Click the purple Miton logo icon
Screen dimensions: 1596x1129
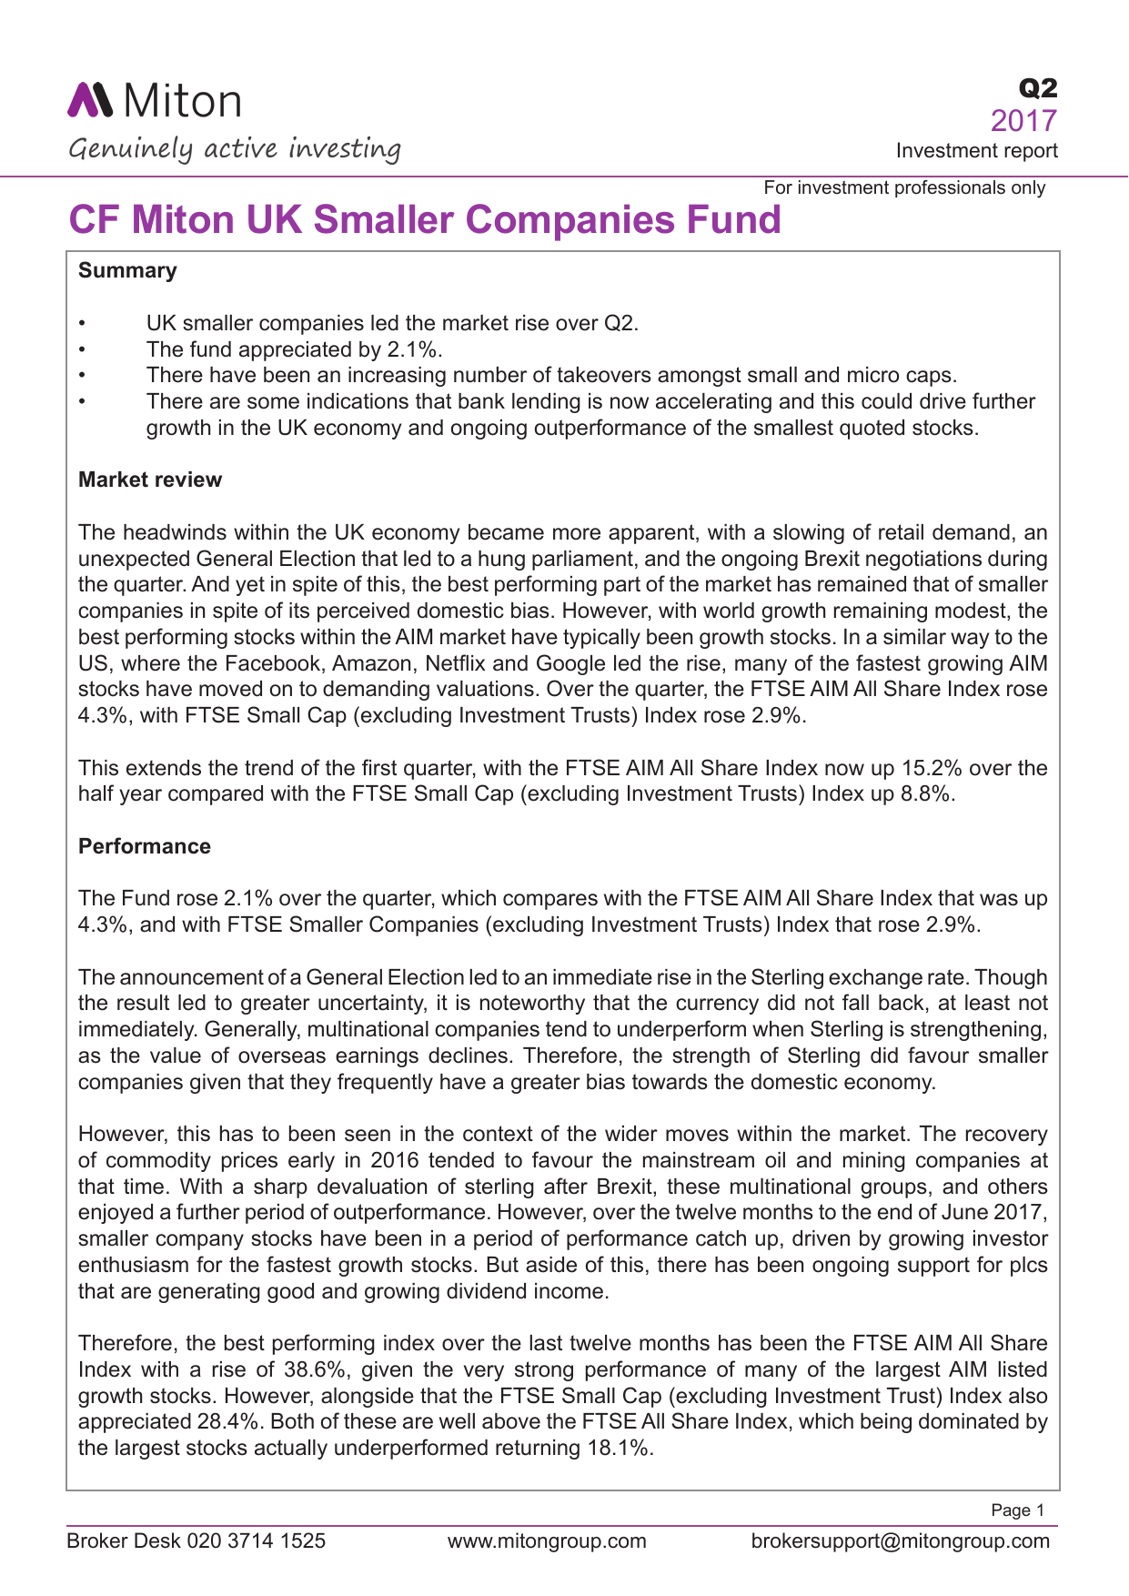[x=90, y=100]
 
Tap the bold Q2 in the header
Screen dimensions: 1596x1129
[x=1038, y=88]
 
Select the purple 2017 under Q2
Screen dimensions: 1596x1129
[x=1023, y=121]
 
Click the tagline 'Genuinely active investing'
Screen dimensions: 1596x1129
[x=235, y=148]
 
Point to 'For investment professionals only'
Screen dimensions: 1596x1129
[x=904, y=187]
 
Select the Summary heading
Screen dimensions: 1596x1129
[x=127, y=270]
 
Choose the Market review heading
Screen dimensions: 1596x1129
[x=150, y=480]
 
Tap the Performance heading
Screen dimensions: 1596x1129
[x=145, y=846]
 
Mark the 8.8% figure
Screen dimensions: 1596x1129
[x=926, y=793]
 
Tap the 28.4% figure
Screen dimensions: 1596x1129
[x=228, y=1421]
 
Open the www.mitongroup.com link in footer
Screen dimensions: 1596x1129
[x=547, y=1540]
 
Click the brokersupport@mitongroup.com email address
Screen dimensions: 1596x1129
[x=900, y=1540]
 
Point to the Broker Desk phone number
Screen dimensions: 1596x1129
[x=257, y=1540]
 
